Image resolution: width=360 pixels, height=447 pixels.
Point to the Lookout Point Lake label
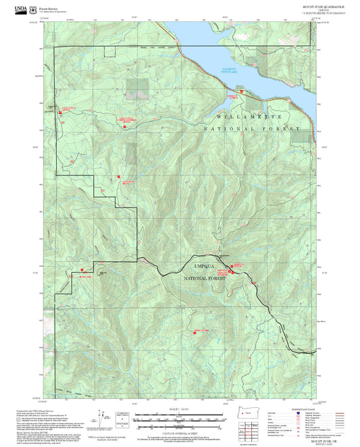pos(230,70)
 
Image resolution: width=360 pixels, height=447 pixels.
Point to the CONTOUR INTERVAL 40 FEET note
pos(180,431)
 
